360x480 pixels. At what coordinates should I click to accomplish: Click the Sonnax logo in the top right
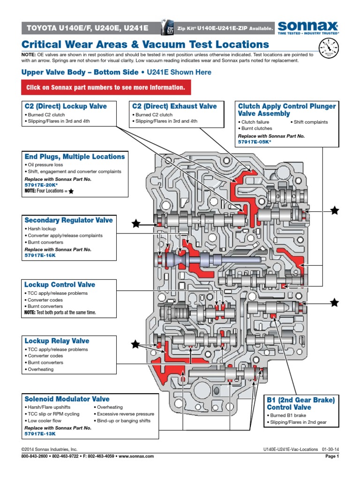click(308, 27)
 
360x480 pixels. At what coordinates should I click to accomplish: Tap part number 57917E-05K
click(254, 142)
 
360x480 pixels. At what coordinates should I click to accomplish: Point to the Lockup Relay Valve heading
click(57, 341)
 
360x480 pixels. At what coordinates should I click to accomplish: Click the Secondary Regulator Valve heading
click(68, 220)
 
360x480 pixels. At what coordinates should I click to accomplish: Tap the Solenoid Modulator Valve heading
click(67, 399)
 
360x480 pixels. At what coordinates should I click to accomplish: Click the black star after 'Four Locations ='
click(71, 192)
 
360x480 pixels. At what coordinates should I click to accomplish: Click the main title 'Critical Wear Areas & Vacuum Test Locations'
click(145, 45)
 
